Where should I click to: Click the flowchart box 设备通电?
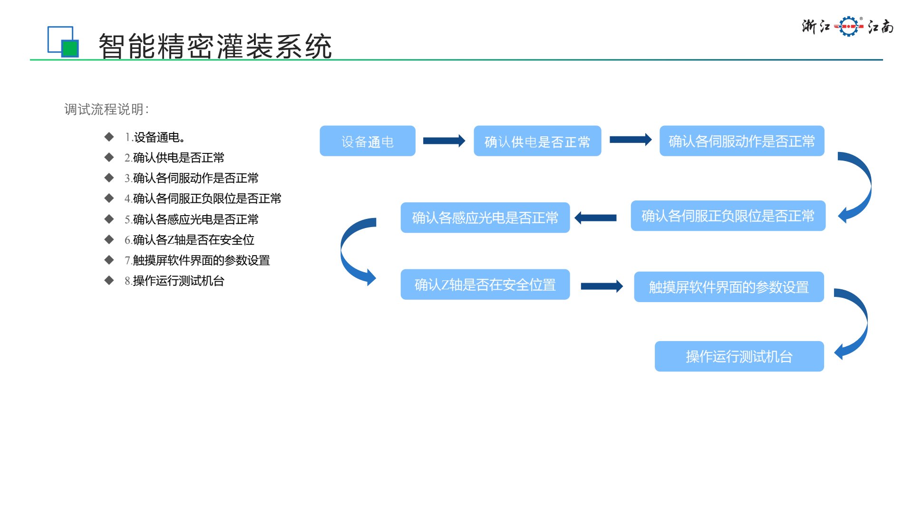point(368,141)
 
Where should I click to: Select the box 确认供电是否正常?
point(537,141)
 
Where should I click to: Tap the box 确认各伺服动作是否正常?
point(741,141)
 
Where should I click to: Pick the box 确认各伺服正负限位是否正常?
point(728,216)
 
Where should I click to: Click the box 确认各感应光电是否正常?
point(485,218)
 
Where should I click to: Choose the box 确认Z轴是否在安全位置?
point(485,285)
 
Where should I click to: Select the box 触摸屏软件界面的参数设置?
point(728,287)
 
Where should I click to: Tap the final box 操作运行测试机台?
point(739,356)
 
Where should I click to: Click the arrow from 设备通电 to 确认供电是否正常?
point(444,141)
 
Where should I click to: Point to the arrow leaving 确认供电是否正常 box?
point(630,140)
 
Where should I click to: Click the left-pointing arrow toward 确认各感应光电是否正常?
point(595,218)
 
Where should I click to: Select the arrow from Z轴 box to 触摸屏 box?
point(602,286)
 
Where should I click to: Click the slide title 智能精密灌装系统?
point(215,46)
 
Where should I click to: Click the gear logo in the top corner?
point(848,27)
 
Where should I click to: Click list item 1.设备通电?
point(155,137)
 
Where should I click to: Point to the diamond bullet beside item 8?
point(109,280)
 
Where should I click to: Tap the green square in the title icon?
point(70,48)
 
